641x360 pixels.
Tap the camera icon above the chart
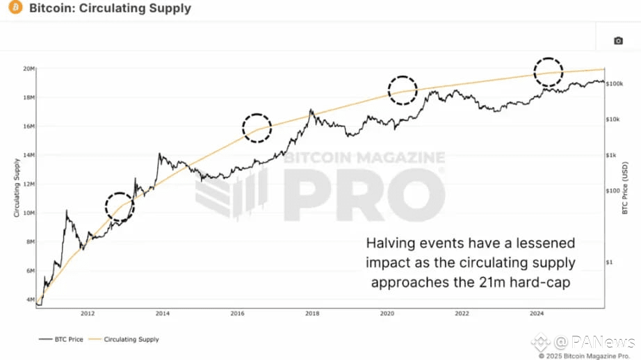(618, 40)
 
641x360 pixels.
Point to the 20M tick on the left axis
(29, 68)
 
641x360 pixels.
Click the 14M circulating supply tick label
(29, 155)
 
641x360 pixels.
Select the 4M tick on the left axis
(30, 300)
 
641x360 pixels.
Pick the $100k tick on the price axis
(615, 83)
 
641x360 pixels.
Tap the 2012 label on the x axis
(88, 313)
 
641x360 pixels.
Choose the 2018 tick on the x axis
(312, 313)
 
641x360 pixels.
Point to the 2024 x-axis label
(536, 313)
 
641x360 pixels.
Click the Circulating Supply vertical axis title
(16, 187)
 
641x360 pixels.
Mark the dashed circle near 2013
(120, 207)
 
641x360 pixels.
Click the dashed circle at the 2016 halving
(257, 128)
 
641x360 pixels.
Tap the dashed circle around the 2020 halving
(403, 90)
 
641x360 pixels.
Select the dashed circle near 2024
(548, 72)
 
